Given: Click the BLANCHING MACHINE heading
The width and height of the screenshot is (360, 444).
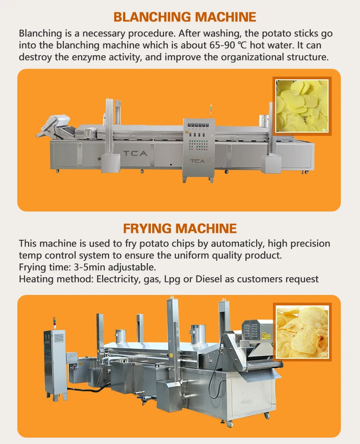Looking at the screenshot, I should click(x=185, y=17).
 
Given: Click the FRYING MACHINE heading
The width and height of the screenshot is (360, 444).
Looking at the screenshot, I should click(x=180, y=228).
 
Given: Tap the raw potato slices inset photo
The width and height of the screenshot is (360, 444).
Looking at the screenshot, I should click(x=302, y=106).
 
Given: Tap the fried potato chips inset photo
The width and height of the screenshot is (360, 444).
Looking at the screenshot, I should click(x=302, y=331).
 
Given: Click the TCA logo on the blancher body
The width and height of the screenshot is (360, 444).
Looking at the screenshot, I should click(x=135, y=153).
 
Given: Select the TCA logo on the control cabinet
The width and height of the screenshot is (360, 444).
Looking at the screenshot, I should click(x=197, y=161).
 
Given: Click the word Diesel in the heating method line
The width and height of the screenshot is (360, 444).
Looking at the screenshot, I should click(x=211, y=279).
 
